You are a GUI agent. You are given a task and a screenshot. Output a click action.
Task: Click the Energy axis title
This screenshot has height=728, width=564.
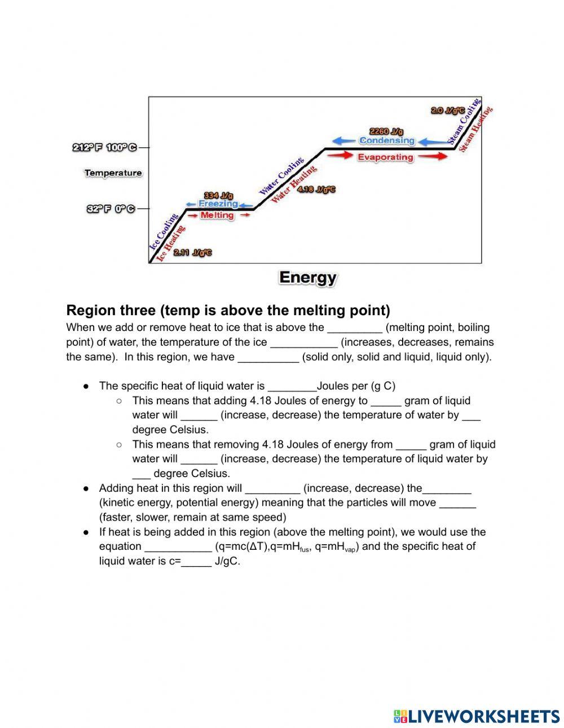coord(307,277)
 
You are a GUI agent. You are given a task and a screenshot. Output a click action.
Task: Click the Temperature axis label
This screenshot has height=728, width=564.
coord(113,173)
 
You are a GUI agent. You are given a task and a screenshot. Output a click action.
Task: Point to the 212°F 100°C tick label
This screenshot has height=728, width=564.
coord(104,148)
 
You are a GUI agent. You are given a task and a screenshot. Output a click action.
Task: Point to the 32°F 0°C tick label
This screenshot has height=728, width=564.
coord(111,209)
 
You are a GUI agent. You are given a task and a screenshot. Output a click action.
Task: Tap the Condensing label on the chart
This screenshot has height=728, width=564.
coord(386,140)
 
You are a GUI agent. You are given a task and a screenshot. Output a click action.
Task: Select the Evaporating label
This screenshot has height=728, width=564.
coord(385,157)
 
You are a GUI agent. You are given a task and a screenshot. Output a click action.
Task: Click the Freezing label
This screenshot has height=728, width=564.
coord(218,204)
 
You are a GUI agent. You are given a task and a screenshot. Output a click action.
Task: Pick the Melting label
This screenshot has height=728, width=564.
coord(217,215)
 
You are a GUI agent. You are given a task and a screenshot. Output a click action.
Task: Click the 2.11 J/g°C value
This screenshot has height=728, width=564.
coord(192,253)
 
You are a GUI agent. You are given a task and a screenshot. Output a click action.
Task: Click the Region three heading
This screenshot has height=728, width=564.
coord(228,310)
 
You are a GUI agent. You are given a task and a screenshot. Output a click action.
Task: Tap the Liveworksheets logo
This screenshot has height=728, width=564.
coord(477,716)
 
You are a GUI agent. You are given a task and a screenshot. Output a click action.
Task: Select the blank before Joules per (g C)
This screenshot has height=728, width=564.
coord(292,387)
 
